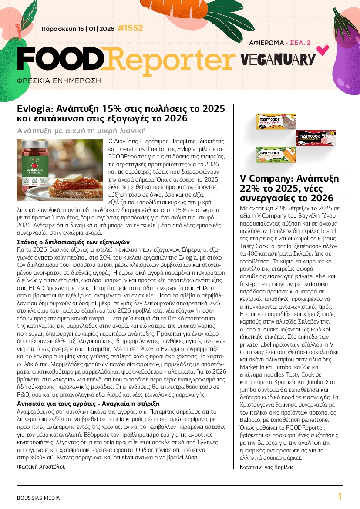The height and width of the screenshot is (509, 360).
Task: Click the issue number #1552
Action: click(130, 29)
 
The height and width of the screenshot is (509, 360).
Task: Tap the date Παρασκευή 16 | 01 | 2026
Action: click(77, 29)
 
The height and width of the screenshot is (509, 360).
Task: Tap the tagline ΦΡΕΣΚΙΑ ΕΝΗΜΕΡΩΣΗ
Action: click(59, 81)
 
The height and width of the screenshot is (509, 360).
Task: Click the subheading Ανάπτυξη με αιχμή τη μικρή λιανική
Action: click(81, 131)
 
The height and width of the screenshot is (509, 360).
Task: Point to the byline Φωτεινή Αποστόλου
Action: click(41, 466)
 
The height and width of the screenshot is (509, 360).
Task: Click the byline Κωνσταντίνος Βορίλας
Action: click(267, 467)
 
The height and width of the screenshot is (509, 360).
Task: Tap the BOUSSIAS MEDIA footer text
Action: click(38, 498)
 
